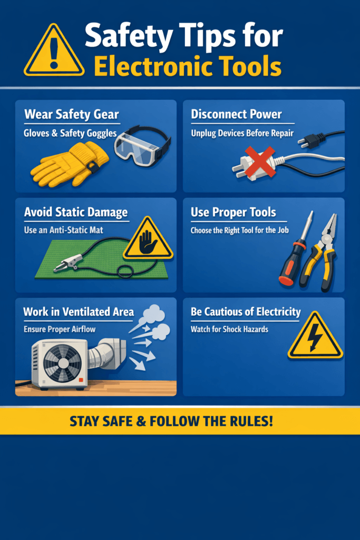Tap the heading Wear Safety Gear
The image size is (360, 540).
(72, 114)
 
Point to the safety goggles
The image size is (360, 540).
(142, 142)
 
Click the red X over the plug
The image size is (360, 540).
(259, 161)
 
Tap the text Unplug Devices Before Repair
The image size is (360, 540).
(242, 133)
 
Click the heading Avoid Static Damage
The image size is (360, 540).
(76, 213)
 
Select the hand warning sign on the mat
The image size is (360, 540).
(148, 240)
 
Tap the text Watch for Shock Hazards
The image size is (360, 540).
(229, 329)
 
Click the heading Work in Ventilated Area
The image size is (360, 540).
(78, 311)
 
